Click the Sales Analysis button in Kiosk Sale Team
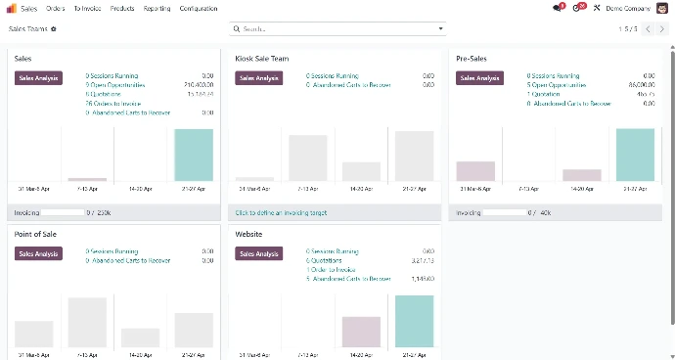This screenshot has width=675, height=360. click(x=258, y=77)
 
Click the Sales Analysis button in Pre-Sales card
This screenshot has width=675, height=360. click(x=479, y=77)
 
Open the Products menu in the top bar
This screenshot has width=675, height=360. click(x=122, y=8)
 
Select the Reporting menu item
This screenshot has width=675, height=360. click(x=157, y=8)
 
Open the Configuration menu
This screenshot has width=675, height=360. click(x=199, y=8)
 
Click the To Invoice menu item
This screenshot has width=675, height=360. click(x=87, y=8)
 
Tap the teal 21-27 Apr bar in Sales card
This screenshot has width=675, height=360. click(x=194, y=155)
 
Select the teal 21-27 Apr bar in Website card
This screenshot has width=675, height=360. click(x=414, y=321)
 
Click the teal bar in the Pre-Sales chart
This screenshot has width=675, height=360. click(x=635, y=155)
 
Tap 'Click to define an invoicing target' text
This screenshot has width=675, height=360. click(x=281, y=212)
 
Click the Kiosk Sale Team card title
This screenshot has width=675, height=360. click(x=262, y=59)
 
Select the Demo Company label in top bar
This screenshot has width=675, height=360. click(x=627, y=8)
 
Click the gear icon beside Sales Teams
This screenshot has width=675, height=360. click(x=54, y=29)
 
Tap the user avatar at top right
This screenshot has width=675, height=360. click(x=662, y=8)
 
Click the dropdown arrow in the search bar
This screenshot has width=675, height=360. click(x=440, y=29)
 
